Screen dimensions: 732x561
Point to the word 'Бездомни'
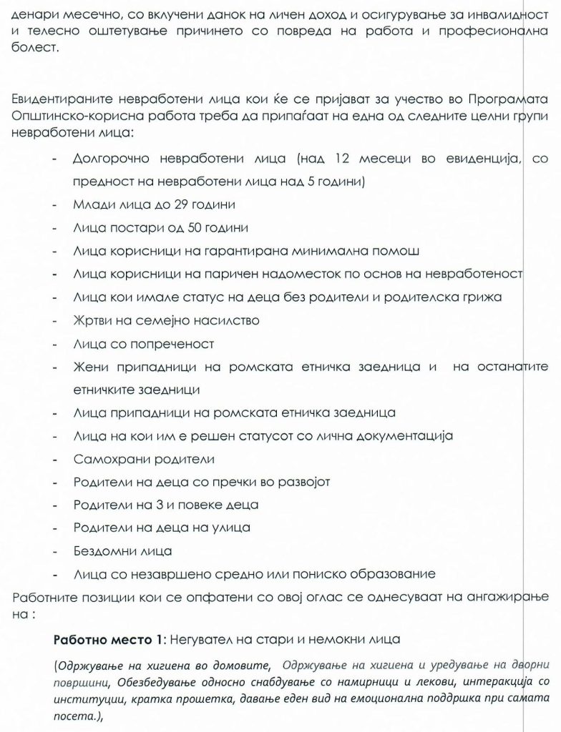click(102, 551)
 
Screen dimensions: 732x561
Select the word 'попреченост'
click(175, 343)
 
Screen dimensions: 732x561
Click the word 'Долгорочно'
click(114, 157)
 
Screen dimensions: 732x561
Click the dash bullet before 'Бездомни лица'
click(55, 551)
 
